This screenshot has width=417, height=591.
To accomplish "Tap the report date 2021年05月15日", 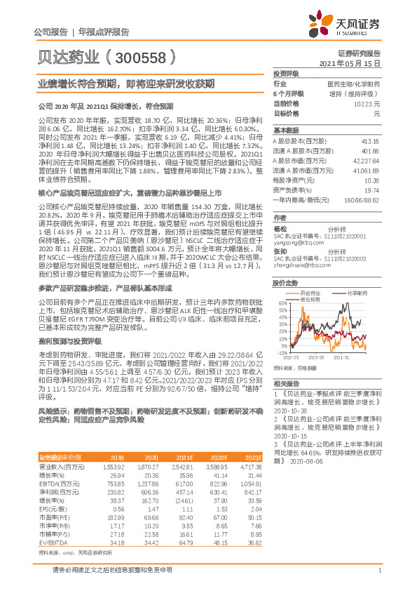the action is [350, 62].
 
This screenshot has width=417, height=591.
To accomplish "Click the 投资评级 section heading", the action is [286, 73].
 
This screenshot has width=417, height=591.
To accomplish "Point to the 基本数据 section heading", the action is [286, 131].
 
